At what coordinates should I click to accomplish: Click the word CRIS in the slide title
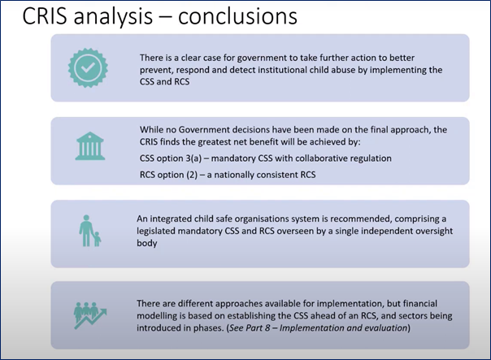click(45, 16)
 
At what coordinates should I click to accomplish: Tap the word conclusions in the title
click(237, 16)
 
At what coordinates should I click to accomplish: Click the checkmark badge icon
click(88, 67)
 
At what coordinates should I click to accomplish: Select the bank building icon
click(90, 146)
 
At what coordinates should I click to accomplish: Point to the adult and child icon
click(90, 231)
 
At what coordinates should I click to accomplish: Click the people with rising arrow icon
click(90, 315)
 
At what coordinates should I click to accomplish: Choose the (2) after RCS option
click(193, 175)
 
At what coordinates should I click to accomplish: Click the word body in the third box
click(147, 243)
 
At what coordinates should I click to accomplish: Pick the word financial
click(420, 303)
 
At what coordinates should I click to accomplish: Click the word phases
click(207, 328)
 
